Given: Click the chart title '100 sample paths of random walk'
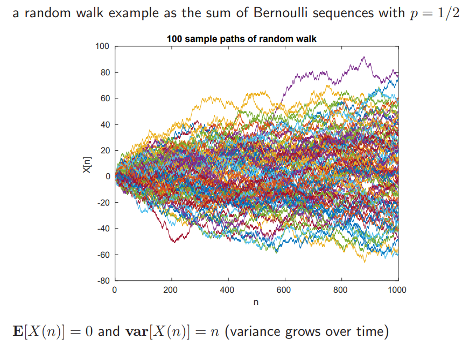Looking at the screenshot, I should click(x=241, y=39).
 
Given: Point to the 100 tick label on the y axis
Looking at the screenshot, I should click(x=102, y=46).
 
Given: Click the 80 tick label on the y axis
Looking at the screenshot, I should click(x=104, y=72).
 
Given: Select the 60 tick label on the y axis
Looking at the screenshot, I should click(x=104, y=98).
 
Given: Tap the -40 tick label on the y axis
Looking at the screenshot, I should click(x=103, y=228).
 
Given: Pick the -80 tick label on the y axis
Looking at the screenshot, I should click(x=103, y=280).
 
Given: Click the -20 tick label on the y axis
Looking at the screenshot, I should click(x=103, y=202).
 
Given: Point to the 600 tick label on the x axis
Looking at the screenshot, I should click(x=284, y=290).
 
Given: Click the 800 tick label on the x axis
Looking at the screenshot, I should click(x=341, y=290).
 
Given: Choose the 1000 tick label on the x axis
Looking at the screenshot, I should click(x=397, y=290).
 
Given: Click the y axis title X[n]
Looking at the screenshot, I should click(x=87, y=164).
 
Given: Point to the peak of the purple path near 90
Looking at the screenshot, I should click(x=364, y=57).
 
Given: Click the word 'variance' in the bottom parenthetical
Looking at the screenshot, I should click(x=255, y=331).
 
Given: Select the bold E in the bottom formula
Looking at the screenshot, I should click(x=18, y=331).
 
